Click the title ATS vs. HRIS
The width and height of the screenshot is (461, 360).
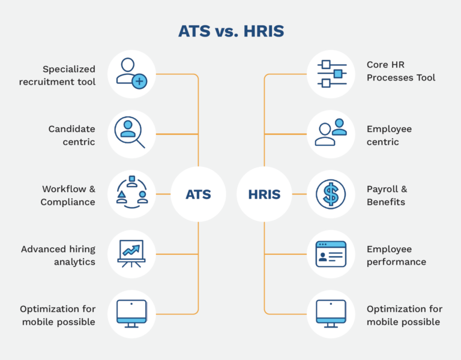[x=230, y=31]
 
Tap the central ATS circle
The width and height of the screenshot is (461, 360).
[x=198, y=194]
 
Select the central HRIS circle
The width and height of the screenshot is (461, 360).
[x=264, y=194]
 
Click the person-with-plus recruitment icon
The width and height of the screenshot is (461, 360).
[x=131, y=74]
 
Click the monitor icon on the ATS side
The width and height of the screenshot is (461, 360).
[x=131, y=314]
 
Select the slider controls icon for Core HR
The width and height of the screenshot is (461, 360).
[x=331, y=74]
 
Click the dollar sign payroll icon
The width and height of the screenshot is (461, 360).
[x=331, y=194]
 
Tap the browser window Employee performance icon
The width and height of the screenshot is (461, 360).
[x=331, y=254]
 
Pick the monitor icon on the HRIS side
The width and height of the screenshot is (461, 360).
[x=331, y=314]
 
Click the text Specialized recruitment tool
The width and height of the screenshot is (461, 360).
[x=58, y=76]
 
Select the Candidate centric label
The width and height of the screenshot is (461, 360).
[x=71, y=136]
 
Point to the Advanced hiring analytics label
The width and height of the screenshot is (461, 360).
[x=58, y=256]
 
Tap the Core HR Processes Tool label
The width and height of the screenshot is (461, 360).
[x=401, y=71]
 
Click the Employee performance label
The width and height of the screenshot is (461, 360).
[x=396, y=256]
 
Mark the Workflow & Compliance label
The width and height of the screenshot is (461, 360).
[x=68, y=196]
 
